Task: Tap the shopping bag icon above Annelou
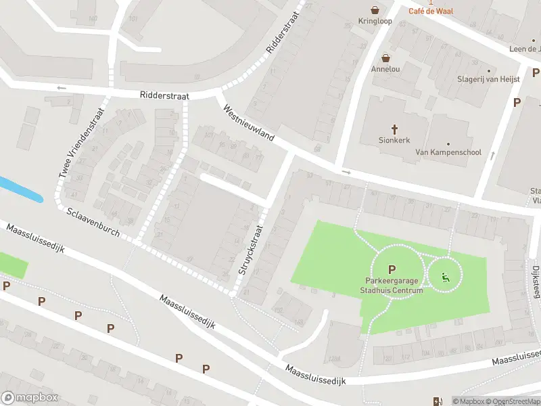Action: (x=385, y=58)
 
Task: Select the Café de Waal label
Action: (x=431, y=10)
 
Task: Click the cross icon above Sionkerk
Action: (x=396, y=129)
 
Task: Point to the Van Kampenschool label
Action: (x=448, y=152)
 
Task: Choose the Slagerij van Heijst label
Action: (x=489, y=79)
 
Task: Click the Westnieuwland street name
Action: (x=248, y=122)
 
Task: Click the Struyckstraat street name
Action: (x=249, y=250)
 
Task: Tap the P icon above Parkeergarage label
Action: (x=392, y=269)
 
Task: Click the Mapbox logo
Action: (x=30, y=398)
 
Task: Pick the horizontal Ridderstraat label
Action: (x=165, y=96)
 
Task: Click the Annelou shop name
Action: (x=385, y=69)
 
